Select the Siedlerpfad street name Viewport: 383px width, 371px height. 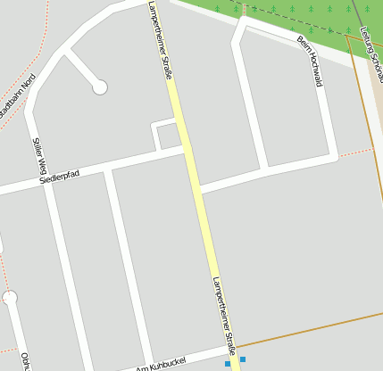60,178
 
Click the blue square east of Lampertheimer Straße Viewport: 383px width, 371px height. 243,359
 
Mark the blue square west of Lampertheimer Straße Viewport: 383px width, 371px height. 228,364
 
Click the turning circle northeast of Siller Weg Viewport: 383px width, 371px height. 100,87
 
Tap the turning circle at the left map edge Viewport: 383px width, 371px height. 10,297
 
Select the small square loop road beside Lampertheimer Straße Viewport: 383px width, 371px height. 165,135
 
